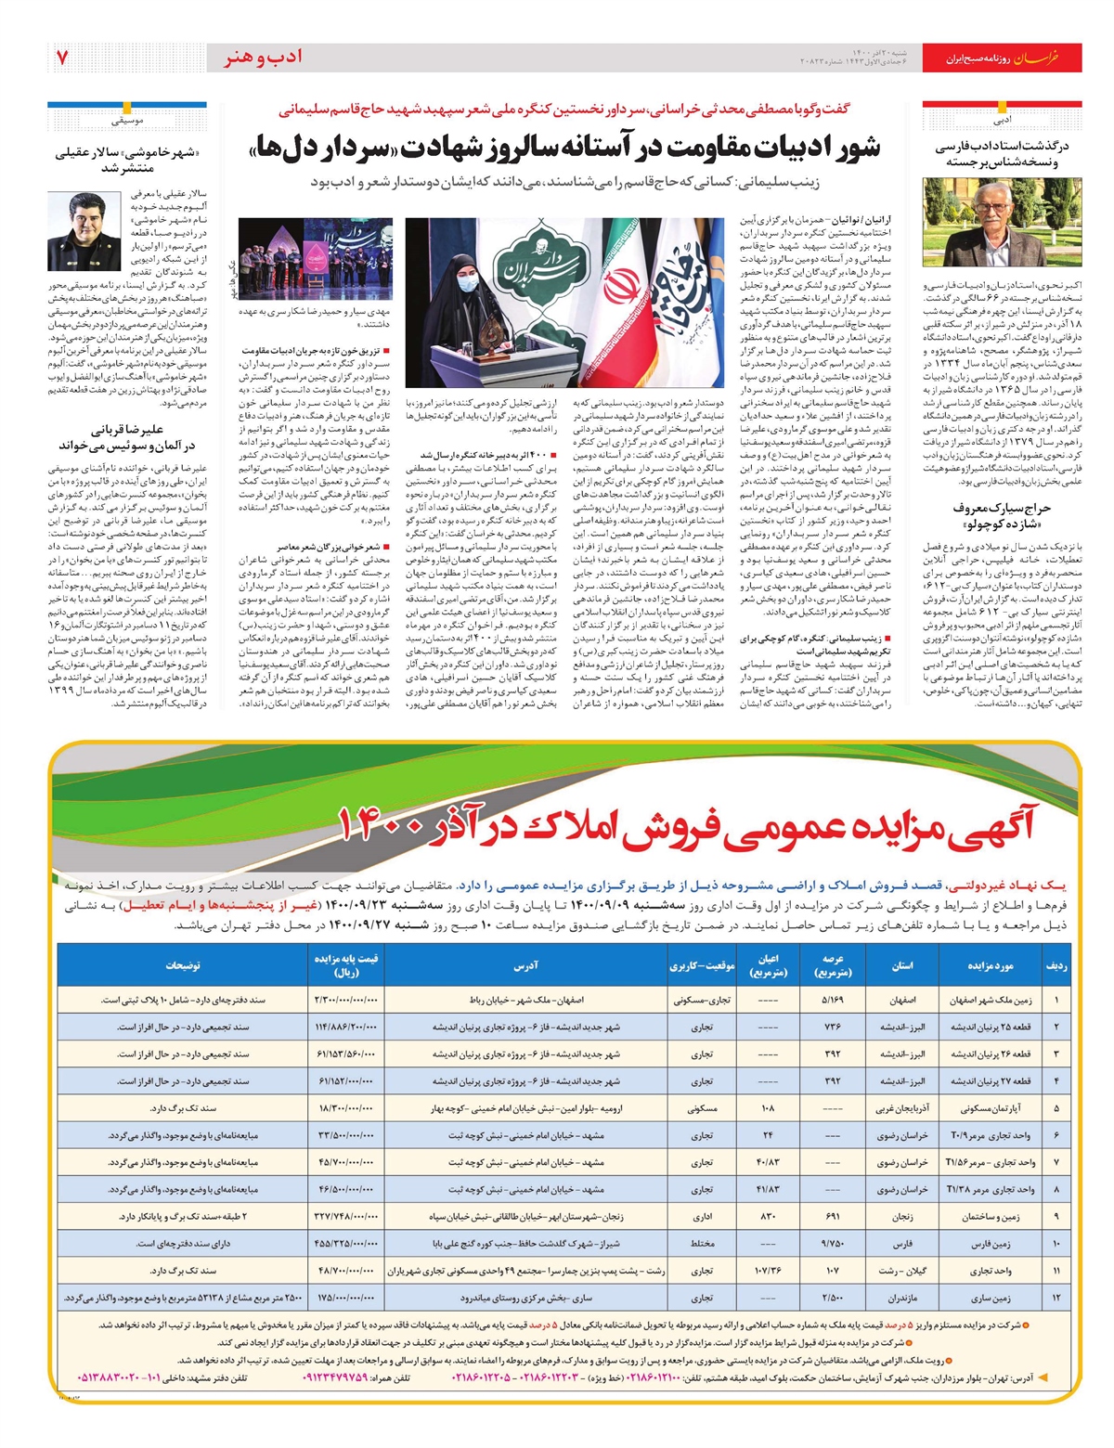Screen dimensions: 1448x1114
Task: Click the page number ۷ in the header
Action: [x=62, y=58]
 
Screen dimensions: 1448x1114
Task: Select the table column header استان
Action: [x=902, y=965]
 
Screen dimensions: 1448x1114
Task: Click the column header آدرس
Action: [x=525, y=965]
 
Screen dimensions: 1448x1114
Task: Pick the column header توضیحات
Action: [x=183, y=965]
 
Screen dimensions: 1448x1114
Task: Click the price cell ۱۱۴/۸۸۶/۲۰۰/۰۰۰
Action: [x=346, y=1028]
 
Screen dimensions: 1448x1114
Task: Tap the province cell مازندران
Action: [x=902, y=1298]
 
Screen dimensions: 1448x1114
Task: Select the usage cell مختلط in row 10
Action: [x=702, y=1243]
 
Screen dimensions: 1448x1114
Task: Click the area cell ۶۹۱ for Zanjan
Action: [x=832, y=1216]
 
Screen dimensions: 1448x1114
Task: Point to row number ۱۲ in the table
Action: [x=1056, y=1298]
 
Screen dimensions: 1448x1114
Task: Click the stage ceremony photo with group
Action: [x=316, y=258]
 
